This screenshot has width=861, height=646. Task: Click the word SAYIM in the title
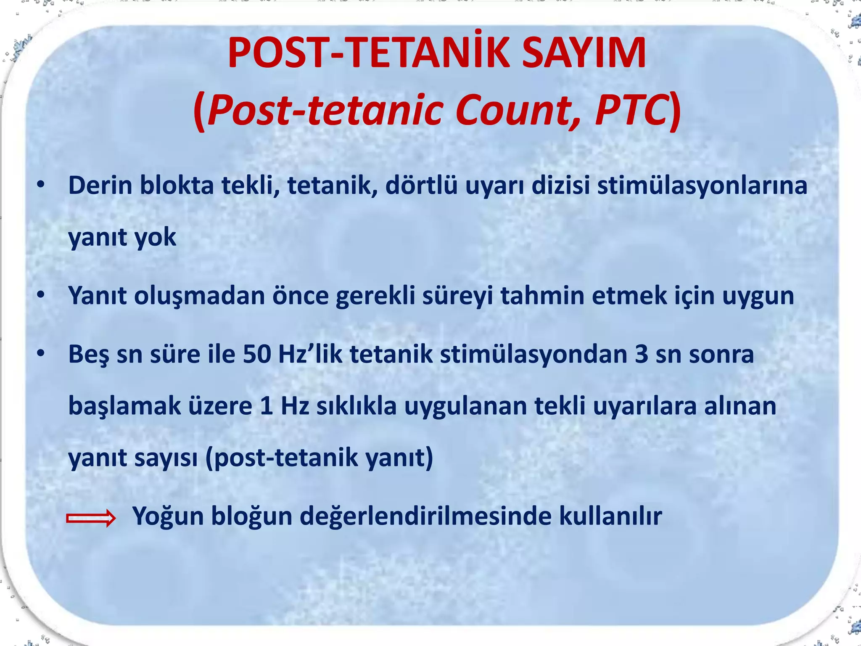[584, 54]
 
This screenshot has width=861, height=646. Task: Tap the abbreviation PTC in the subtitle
[630, 110]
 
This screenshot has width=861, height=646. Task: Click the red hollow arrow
[90, 518]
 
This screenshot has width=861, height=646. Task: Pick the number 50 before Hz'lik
[256, 354]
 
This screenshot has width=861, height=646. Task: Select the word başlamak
[124, 406]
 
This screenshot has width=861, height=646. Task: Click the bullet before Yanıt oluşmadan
[40, 295]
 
